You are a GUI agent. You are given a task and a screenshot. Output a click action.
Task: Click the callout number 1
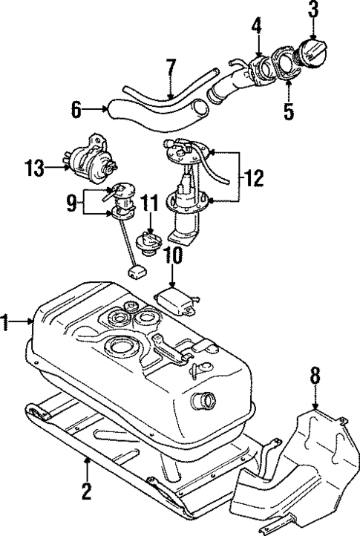point(7,321)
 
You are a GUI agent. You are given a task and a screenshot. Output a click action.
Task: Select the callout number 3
point(313,11)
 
